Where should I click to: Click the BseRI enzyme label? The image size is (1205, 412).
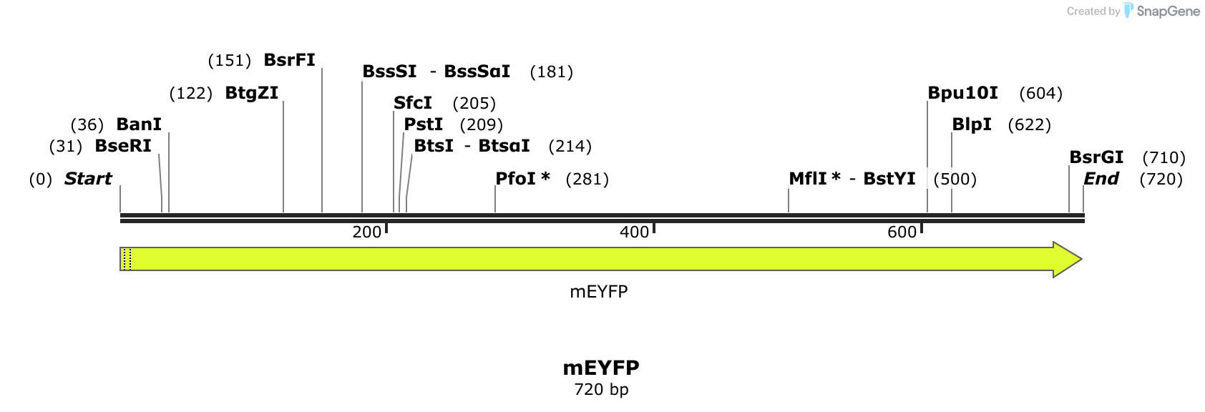(x=123, y=146)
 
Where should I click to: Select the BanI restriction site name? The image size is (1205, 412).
(x=139, y=124)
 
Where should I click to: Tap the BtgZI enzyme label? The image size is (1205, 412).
(x=252, y=93)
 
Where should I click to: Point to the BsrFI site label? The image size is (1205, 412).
(x=289, y=59)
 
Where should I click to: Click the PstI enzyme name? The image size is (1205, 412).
(x=424, y=124)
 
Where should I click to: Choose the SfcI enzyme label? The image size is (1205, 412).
(x=413, y=103)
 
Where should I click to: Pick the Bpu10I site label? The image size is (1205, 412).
(x=963, y=93)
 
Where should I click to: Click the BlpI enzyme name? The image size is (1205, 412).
(x=972, y=124)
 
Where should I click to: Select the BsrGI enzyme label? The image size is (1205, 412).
(x=1096, y=157)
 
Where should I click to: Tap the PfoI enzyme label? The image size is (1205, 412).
(x=515, y=179)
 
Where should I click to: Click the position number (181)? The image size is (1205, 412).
(x=552, y=72)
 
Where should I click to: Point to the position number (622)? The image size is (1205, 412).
(x=1029, y=124)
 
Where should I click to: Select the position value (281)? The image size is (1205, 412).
(x=587, y=179)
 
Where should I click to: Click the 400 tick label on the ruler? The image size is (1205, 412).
(x=634, y=232)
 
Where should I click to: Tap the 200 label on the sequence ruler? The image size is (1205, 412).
(x=367, y=232)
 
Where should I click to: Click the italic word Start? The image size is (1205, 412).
(x=88, y=179)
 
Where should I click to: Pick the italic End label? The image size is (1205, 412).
(x=1101, y=179)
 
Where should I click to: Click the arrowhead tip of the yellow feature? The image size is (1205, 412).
(x=1082, y=259)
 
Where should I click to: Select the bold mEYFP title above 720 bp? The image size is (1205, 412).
(x=601, y=368)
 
